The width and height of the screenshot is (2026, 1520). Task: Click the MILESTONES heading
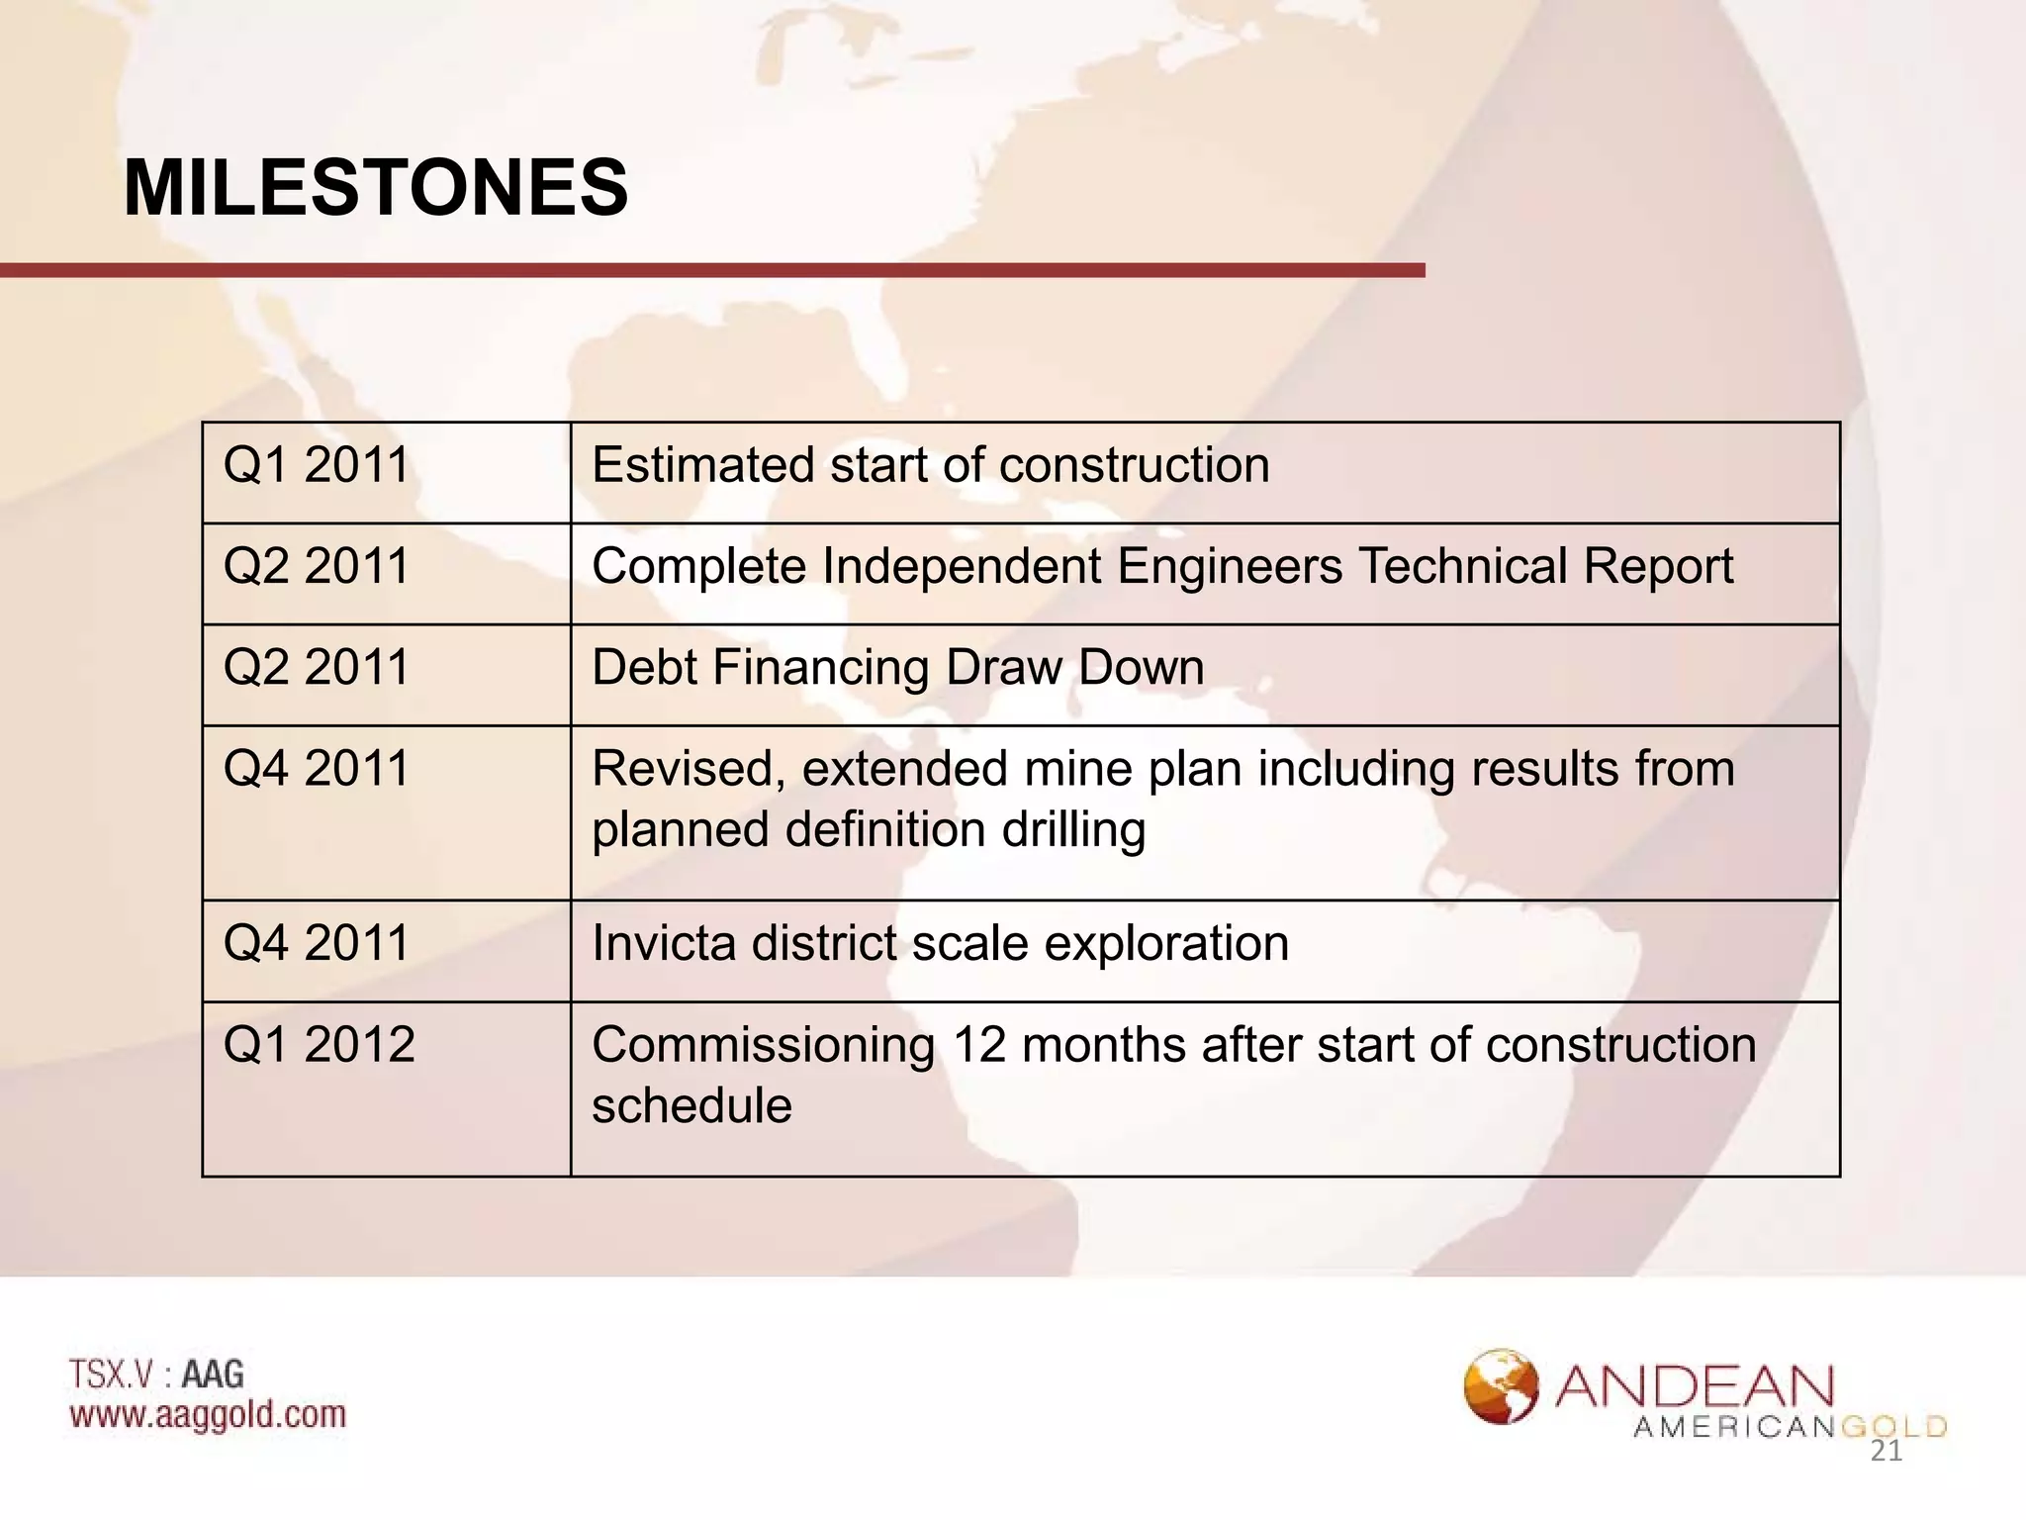375,188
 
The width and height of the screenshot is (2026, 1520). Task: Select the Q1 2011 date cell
316,465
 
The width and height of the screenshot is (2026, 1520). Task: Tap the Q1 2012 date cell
319,1045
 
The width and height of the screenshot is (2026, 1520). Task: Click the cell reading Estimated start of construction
930,465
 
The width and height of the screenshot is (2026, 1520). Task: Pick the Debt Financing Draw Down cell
897,668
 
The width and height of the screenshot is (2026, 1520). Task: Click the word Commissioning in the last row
763,1046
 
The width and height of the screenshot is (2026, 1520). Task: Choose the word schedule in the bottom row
691,1106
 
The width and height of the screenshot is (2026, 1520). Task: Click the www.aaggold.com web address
208,1414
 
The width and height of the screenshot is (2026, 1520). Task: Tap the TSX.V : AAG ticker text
156,1374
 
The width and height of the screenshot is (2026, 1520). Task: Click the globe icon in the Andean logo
1501,1385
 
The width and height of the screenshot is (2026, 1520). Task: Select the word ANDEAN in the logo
1695,1387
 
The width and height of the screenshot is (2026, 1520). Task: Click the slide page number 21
1886,1452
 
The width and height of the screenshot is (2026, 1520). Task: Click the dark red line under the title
712,270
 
